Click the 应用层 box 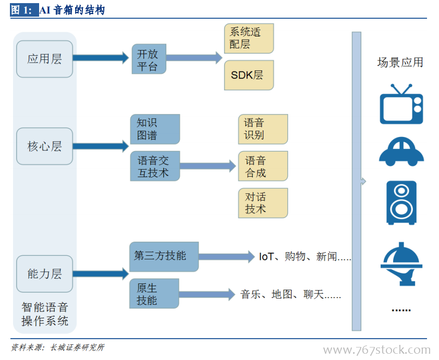tap(44, 59)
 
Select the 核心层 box tap(44, 146)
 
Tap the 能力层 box tap(44, 274)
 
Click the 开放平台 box tap(149, 59)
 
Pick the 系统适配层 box tap(249, 39)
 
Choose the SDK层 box tap(249, 75)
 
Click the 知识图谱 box tap(155, 129)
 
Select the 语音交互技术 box tap(155, 166)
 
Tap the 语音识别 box tap(263, 129)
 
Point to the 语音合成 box tap(263, 166)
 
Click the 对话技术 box tap(263, 203)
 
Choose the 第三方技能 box tap(164, 257)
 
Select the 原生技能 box tap(154, 294)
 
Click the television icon tap(401, 104)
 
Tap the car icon tap(401, 152)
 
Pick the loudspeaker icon tap(401, 203)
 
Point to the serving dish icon tap(401, 264)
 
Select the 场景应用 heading tap(400, 63)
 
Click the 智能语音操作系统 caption tap(45, 314)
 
